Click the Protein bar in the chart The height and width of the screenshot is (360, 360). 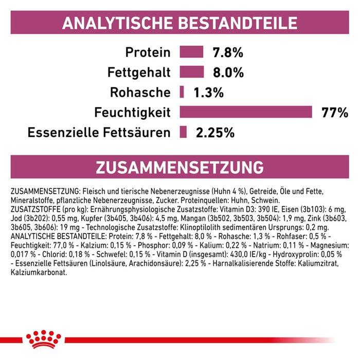191,51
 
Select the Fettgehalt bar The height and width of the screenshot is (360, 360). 192,72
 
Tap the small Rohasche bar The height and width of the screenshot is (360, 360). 182,92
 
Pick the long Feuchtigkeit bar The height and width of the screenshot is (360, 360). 246,112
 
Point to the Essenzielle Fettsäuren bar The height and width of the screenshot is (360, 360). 183,132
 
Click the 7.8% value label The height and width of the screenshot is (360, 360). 228,52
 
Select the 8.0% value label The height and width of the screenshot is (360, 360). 228,73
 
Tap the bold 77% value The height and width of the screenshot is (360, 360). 335,113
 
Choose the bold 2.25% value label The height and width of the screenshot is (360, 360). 215,133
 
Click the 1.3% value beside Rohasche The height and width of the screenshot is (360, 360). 208,93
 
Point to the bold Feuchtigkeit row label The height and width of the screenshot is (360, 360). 133,113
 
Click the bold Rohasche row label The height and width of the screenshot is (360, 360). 140,92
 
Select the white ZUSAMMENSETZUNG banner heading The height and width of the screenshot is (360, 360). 180,167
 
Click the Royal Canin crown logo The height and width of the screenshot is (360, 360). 44,339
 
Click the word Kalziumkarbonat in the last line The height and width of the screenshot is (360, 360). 39,273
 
